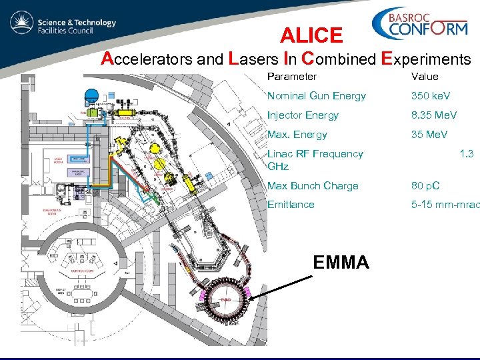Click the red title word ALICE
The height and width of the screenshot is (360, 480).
(311, 35)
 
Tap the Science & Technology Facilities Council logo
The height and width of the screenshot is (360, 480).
(63, 26)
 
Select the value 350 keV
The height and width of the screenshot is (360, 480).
(430, 96)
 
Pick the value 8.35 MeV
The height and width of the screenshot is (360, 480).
(434, 115)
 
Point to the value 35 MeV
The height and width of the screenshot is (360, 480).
(429, 135)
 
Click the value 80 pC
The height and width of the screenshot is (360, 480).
(425, 186)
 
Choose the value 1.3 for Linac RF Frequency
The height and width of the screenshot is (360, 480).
(466, 154)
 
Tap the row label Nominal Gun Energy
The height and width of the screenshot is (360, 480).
(316, 96)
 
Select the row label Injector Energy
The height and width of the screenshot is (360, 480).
(303, 115)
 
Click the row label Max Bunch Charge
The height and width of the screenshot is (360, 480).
(313, 186)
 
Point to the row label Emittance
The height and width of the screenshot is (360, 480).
(291, 205)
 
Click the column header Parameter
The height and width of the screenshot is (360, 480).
(291, 77)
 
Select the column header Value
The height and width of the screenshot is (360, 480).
(425, 77)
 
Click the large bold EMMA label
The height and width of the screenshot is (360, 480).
(341, 263)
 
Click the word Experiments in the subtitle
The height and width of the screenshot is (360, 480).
(419, 59)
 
